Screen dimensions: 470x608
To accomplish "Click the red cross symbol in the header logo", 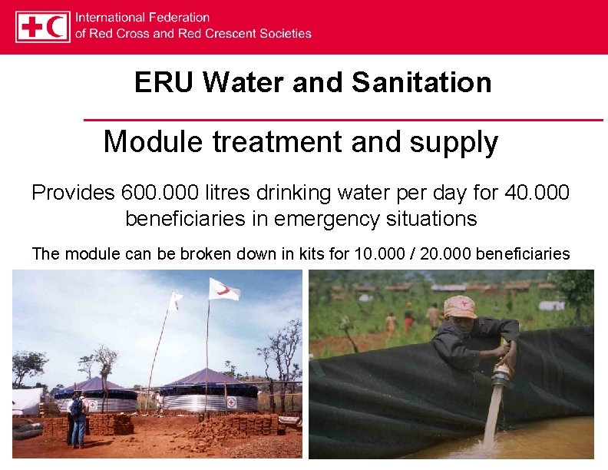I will [x=33, y=27].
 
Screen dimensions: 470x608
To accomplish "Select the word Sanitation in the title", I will [x=421, y=82].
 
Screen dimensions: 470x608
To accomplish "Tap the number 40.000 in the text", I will [x=538, y=192].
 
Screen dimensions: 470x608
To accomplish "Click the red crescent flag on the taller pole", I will [x=224, y=290].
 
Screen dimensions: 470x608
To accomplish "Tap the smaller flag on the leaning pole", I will [x=176, y=301].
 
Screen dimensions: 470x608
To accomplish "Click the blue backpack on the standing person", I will [x=76, y=408].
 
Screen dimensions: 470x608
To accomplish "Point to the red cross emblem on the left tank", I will [x=93, y=405].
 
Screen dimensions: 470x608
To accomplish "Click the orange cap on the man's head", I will [x=460, y=306].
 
